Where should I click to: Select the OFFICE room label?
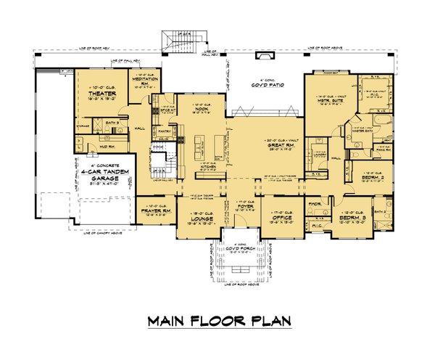[281, 216]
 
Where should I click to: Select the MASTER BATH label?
[357, 129]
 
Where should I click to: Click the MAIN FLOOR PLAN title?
[217, 320]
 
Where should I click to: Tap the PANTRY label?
[164, 131]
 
